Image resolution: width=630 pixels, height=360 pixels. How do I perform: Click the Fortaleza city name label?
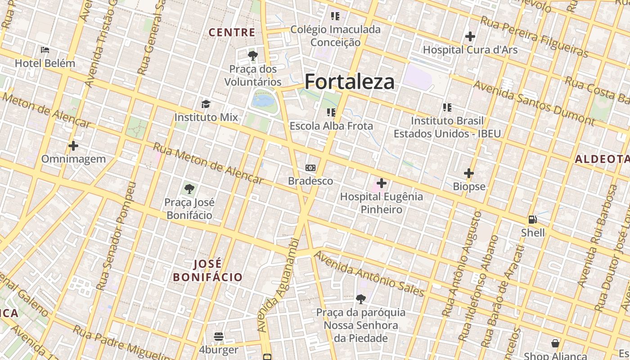(350, 82)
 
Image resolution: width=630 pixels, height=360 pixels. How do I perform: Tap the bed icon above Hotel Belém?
(45, 49)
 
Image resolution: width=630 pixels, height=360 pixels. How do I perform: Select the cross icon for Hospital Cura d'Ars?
(470, 36)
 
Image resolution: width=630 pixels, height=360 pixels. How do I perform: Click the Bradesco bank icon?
(310, 168)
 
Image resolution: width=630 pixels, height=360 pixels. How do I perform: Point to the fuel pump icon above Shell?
(533, 220)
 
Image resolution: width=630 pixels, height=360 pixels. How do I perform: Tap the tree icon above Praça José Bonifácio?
(189, 189)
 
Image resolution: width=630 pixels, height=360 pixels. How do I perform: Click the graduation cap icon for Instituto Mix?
(206, 104)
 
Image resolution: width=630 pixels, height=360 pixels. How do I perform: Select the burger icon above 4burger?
(219, 337)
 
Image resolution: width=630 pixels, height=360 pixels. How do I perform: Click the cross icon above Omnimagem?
(73, 146)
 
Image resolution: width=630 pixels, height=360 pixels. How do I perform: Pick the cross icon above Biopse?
(469, 173)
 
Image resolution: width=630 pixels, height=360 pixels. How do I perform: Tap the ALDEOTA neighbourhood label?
(603, 159)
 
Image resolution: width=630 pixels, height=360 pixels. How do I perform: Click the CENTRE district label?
(232, 32)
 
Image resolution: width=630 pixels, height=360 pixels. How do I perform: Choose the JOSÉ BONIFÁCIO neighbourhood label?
(208, 270)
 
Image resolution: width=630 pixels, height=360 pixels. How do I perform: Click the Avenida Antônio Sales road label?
(369, 274)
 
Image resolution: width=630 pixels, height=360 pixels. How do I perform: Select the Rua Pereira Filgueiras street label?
(534, 37)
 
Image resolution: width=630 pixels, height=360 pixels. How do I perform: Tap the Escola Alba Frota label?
(331, 126)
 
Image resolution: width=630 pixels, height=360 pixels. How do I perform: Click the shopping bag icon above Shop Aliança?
(555, 343)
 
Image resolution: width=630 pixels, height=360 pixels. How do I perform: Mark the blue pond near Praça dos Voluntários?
(264, 100)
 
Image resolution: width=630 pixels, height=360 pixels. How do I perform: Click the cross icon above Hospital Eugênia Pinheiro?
(382, 183)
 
